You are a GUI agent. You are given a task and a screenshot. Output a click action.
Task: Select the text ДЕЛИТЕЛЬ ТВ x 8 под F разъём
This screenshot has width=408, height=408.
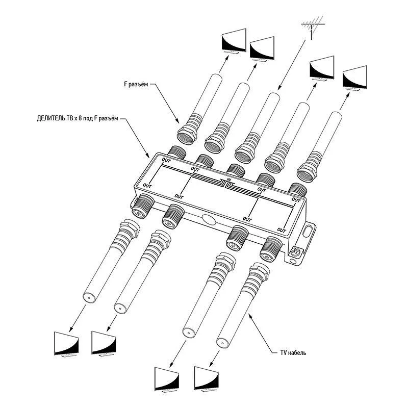[x=76, y=119]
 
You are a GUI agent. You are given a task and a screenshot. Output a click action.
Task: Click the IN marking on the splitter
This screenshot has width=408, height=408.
[x=228, y=179]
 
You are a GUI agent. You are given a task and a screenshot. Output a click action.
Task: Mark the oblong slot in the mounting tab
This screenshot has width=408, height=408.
[x=308, y=229]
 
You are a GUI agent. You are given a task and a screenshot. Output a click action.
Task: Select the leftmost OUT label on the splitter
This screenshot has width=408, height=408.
[x=147, y=185]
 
